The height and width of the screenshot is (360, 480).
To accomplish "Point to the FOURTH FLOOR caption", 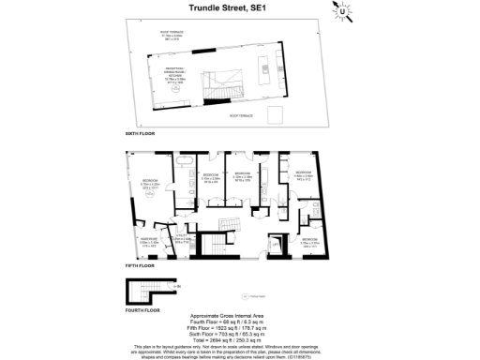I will [x=142, y=310].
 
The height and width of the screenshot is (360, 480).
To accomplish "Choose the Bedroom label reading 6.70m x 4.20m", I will [x=151, y=186].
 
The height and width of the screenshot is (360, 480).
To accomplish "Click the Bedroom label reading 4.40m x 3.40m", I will [x=304, y=177].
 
